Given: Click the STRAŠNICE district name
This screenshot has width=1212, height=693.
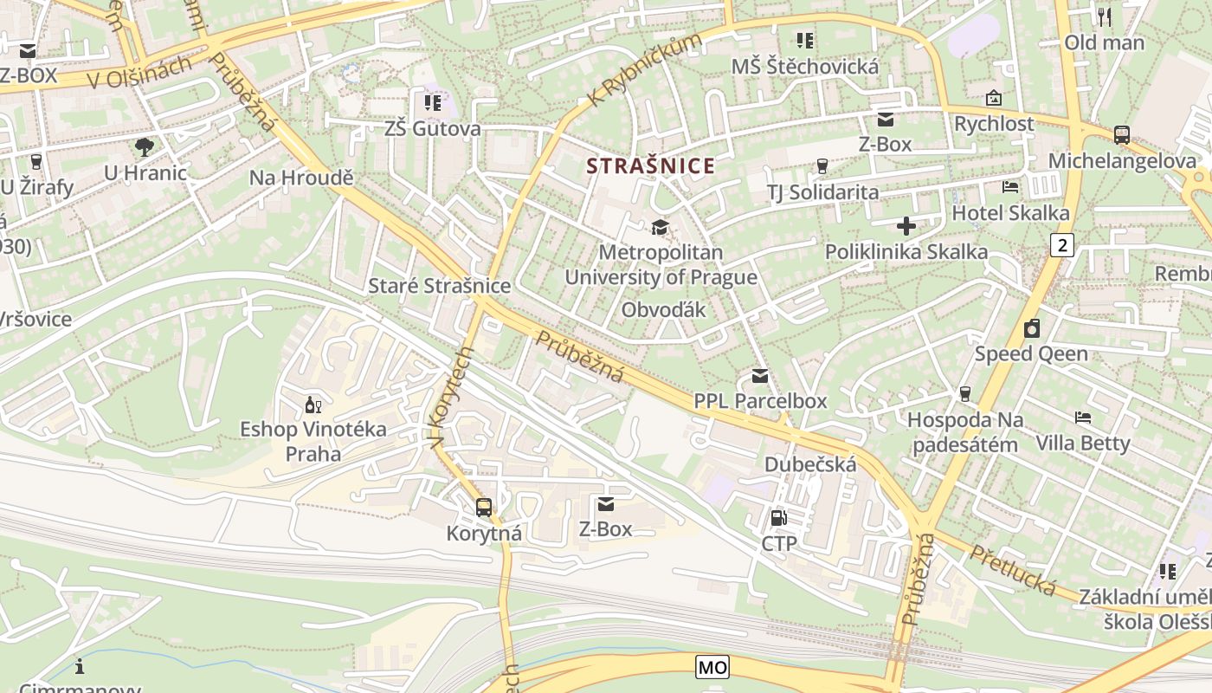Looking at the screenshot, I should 651,166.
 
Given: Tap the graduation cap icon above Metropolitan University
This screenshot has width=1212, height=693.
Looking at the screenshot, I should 661,228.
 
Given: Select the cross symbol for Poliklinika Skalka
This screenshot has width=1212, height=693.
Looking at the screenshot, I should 906,227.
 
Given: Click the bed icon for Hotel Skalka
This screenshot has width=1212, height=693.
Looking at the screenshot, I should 1010,187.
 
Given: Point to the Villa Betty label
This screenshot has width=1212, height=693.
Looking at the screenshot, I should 1083,444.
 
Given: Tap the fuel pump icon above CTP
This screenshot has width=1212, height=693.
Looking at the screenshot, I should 778,518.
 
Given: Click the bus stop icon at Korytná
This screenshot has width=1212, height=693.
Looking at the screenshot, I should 484,508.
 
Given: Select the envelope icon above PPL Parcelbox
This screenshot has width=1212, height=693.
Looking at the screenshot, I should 760,376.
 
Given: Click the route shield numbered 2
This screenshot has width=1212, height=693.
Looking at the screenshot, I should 1062,245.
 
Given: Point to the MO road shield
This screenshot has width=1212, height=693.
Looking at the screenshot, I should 712,667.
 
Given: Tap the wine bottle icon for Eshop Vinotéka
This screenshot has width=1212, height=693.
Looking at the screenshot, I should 313,404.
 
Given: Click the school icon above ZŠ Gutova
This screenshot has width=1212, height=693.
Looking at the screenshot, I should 432,104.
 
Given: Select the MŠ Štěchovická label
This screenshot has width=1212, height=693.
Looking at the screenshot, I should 804,67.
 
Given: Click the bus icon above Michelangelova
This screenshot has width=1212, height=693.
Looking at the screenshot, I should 1122,135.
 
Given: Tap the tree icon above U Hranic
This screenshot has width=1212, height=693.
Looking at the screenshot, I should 145,147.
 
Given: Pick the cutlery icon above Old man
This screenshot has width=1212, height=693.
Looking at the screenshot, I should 1104,16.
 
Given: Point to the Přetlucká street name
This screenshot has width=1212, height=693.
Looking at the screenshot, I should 1012,571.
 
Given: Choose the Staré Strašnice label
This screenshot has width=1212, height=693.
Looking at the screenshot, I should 439,286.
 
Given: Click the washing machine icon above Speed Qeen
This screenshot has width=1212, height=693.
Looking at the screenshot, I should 1031,329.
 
